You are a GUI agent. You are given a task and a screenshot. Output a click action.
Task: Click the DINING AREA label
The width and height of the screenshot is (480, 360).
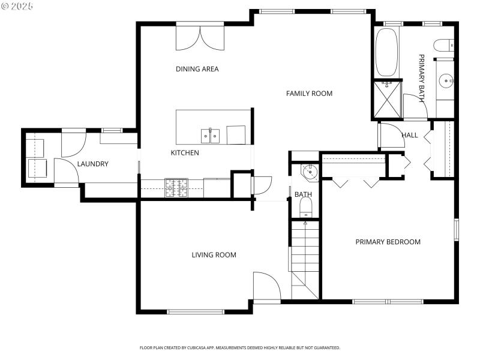(197, 69)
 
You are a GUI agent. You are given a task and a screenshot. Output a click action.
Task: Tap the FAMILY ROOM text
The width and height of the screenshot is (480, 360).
(309, 94)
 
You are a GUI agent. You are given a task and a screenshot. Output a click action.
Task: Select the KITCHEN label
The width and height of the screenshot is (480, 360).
(185, 153)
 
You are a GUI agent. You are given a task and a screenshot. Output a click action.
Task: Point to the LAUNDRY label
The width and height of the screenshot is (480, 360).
(92, 164)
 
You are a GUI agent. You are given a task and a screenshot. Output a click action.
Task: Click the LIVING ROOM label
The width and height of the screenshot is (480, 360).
(214, 255)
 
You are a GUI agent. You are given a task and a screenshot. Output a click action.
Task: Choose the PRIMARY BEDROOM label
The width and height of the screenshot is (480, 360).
(388, 242)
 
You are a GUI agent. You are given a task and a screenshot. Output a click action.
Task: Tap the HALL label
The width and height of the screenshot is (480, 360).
(409, 136)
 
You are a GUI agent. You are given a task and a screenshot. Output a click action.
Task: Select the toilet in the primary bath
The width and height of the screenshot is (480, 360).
(443, 46)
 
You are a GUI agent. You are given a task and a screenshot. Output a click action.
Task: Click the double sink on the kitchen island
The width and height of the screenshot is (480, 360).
(210, 136)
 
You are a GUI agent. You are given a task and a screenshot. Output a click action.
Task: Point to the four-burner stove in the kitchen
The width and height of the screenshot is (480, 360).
(177, 187)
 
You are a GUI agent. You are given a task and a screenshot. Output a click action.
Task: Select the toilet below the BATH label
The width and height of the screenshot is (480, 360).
(305, 208)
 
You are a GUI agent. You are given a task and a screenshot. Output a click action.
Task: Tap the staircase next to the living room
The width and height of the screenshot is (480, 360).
(305, 258)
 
